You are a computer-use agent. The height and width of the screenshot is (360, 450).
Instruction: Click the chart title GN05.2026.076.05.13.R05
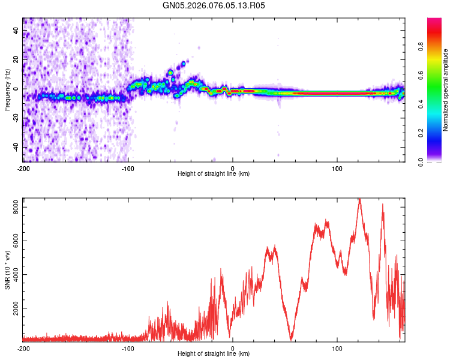(214, 5)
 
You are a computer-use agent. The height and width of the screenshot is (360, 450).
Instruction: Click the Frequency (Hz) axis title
(7, 90)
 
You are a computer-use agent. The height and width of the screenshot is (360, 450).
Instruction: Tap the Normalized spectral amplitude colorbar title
(446, 90)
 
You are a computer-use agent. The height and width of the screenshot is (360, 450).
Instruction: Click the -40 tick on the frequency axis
(16, 147)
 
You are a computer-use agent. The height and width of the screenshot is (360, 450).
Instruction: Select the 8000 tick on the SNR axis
(14, 206)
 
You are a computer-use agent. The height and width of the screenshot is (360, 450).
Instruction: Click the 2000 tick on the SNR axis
(14, 308)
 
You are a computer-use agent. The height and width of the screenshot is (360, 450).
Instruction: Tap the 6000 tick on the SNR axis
(14, 240)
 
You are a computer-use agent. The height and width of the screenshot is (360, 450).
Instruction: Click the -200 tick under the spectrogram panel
(23, 167)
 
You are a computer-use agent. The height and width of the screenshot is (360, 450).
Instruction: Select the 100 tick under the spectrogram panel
(337, 167)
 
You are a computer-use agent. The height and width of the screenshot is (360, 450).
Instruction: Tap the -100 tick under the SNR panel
(128, 348)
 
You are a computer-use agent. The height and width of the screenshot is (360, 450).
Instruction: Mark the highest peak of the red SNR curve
(359, 200)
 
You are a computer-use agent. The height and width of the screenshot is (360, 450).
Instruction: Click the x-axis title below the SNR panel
(214, 354)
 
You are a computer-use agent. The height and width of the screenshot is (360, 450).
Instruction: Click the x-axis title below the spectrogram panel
(214, 174)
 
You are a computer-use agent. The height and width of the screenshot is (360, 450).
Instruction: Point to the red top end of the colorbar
(434, 20)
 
